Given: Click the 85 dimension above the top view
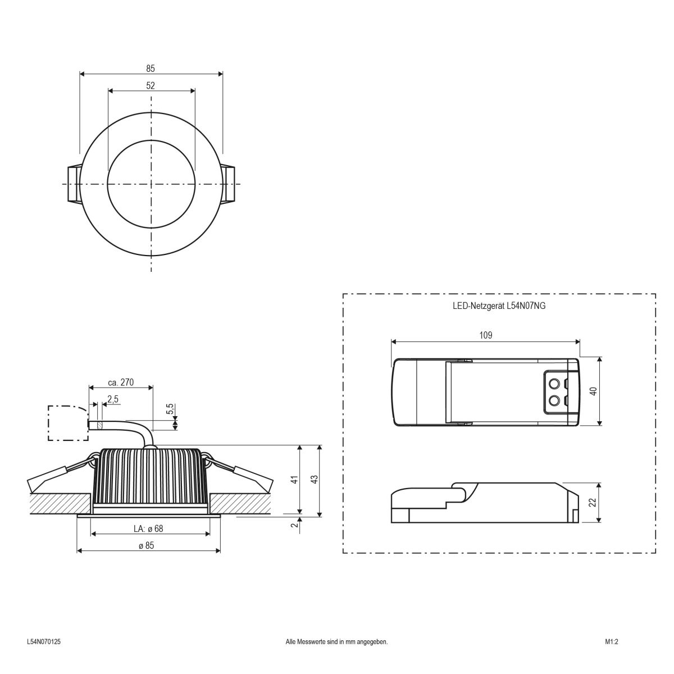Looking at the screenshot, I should click(x=151, y=69).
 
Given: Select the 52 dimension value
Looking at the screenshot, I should click(x=151, y=86).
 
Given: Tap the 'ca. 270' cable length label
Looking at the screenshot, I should click(x=121, y=382).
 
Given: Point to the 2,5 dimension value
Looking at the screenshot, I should click(x=112, y=399).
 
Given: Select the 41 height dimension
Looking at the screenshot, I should click(x=293, y=480).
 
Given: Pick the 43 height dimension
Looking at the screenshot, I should click(x=314, y=480).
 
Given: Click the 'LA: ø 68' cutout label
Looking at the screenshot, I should click(x=148, y=529).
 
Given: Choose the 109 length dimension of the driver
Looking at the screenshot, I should click(x=486, y=335).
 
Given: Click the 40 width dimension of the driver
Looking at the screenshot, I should click(x=593, y=391).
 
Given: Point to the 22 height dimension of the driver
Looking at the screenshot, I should click(x=593, y=502).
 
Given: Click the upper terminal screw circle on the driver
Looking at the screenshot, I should click(x=554, y=384).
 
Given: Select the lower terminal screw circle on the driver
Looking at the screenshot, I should click(x=554, y=400).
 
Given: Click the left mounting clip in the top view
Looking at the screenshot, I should click(x=72, y=184).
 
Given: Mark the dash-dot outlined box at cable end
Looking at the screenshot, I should click(x=67, y=422).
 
